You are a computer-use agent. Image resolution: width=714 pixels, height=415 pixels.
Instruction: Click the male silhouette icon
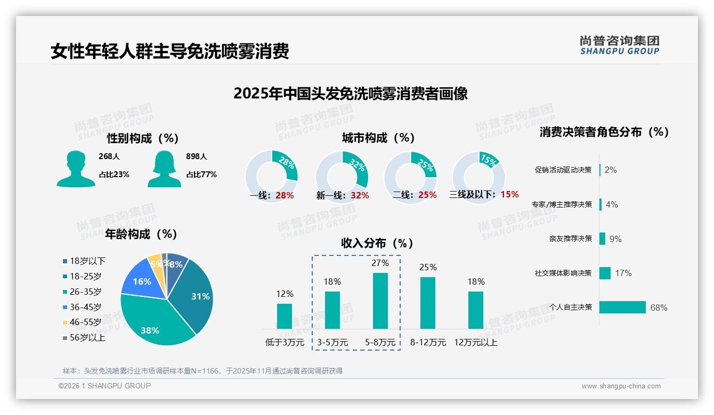pos(76,169)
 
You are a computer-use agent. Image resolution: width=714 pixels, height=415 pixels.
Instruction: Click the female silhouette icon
pos(164,169)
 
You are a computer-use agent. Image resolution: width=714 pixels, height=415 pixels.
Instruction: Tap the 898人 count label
pos(197,156)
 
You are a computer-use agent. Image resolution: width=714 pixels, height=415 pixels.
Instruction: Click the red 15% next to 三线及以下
pos(509,195)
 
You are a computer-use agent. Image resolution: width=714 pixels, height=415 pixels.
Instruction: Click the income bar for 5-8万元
pos(380,301)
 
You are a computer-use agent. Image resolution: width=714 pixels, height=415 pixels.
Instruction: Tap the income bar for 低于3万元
pos(285,316)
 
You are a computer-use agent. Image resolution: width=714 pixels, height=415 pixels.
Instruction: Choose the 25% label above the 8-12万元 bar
pos(428,267)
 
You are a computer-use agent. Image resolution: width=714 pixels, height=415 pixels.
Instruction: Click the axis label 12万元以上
pos(476,343)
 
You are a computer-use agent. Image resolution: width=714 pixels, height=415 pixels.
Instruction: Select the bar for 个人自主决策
pos(622,307)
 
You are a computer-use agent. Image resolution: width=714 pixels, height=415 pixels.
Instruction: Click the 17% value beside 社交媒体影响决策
pos(623,273)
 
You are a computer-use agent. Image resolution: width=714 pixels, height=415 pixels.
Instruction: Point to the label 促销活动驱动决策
pos(563,170)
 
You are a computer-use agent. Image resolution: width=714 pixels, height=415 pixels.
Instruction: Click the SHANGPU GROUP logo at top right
pos(620,45)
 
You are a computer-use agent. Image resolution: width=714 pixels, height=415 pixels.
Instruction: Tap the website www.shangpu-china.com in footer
pos(621,386)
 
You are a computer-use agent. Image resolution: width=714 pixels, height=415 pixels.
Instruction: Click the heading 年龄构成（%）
pos(141,234)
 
